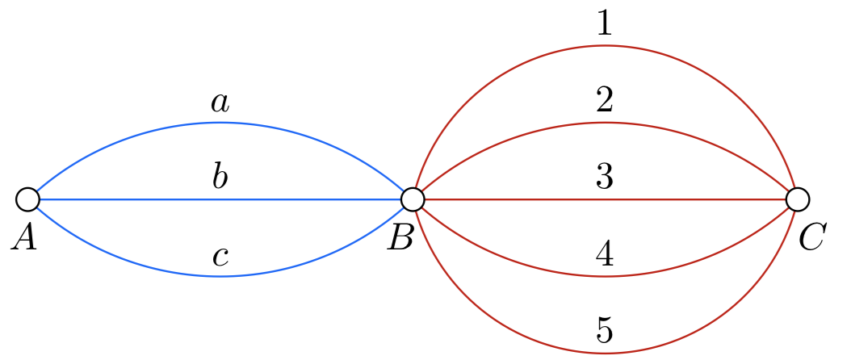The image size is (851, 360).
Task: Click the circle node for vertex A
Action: (x=27, y=199)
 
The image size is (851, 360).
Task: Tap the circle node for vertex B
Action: (x=413, y=199)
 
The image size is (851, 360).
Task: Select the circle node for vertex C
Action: (x=797, y=199)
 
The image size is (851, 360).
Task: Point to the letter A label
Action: (x=24, y=237)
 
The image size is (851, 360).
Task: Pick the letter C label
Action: (x=811, y=237)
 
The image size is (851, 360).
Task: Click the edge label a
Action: (x=220, y=103)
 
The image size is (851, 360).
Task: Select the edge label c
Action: (x=220, y=257)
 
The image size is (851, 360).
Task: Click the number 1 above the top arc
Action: (x=604, y=25)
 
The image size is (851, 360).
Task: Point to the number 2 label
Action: (x=604, y=101)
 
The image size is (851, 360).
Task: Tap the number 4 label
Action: (x=604, y=255)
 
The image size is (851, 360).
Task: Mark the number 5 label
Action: (x=604, y=331)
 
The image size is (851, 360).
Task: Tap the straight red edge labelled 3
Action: (x=517, y=199)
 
